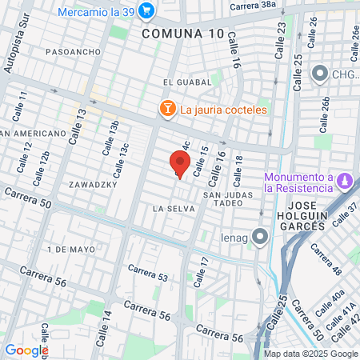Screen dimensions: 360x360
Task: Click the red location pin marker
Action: point(180,163)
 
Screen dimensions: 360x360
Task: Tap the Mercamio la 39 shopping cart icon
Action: point(146,10)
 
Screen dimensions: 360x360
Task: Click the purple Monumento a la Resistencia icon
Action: point(345,181)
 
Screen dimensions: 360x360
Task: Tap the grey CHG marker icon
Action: point(319,74)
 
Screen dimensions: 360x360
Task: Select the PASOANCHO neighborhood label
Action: point(73,52)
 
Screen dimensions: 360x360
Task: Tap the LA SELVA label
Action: point(169,208)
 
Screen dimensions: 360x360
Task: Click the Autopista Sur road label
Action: point(11,52)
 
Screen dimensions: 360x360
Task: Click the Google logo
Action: point(26,350)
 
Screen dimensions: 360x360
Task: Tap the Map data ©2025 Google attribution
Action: point(311,354)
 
